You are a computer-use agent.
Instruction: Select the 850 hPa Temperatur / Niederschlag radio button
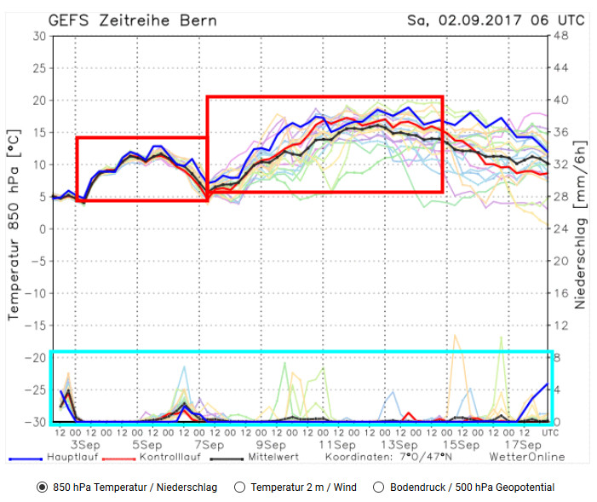pyautogui.click(x=42, y=488)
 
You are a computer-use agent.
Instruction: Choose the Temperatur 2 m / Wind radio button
pyautogui.click(x=239, y=488)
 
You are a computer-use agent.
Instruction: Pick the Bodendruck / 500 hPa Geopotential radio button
pyautogui.click(x=380, y=488)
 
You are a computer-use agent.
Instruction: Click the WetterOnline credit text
pyautogui.click(x=526, y=457)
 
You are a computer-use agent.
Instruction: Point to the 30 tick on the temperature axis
pyautogui.click(x=39, y=36)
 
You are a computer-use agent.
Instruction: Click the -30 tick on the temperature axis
pyautogui.click(x=36, y=423)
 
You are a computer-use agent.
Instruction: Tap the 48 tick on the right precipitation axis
pyautogui.click(x=560, y=36)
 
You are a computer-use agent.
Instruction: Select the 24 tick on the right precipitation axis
pyautogui.click(x=560, y=229)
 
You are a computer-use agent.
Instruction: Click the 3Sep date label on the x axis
pyautogui.click(x=85, y=445)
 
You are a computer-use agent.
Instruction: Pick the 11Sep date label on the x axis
pyautogui.click(x=337, y=445)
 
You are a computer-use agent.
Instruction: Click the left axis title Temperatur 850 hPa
pyautogui.click(x=14, y=229)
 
